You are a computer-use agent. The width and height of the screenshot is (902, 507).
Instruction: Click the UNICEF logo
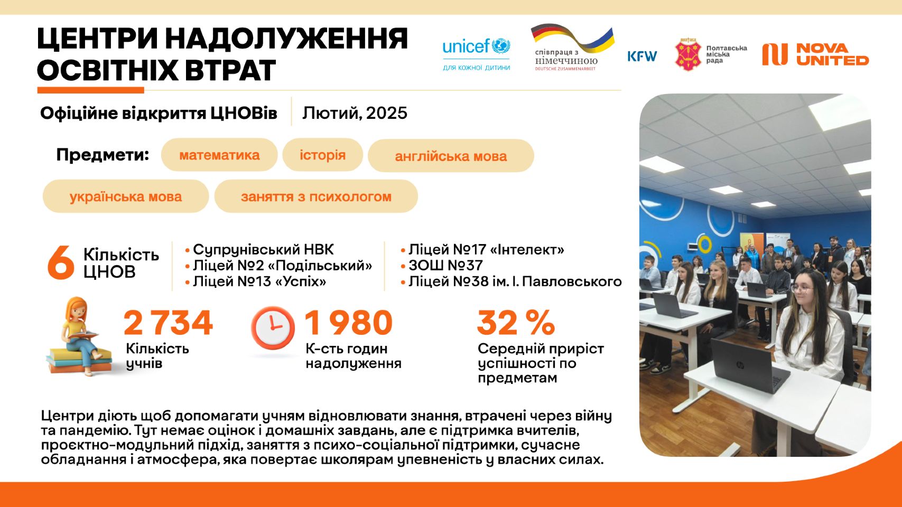click(477, 54)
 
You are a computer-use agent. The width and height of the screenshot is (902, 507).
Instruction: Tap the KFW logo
click(642, 56)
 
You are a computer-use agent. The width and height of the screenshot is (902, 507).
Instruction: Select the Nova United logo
click(815, 54)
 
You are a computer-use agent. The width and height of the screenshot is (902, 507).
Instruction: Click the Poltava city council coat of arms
click(688, 54)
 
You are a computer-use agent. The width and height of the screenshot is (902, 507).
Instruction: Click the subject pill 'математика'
click(219, 155)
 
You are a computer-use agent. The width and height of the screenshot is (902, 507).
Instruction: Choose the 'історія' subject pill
click(322, 155)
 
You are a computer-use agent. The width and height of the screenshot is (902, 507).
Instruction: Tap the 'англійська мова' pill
click(451, 156)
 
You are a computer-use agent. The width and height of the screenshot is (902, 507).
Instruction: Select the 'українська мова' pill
click(126, 196)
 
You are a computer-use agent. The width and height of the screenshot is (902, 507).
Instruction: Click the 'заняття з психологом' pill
click(316, 196)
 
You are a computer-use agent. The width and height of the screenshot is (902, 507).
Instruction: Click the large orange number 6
click(61, 263)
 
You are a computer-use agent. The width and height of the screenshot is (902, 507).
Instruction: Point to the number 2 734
click(169, 322)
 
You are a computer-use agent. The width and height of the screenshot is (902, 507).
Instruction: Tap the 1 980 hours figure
click(349, 322)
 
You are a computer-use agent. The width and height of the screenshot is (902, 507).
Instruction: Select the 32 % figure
click(516, 322)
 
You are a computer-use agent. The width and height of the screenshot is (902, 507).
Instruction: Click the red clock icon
click(273, 328)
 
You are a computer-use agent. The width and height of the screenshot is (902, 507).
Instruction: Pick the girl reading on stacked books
click(80, 336)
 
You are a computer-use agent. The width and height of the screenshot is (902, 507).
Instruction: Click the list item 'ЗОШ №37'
click(442, 265)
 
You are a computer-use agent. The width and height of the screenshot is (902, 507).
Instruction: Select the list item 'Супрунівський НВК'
click(260, 249)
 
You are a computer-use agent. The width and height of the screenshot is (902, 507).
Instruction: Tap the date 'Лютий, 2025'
click(355, 113)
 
